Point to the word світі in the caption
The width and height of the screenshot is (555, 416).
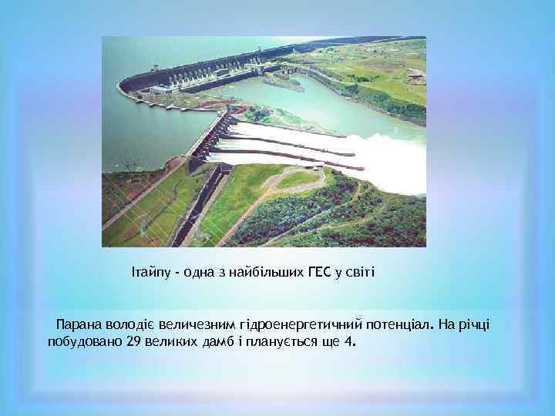[x=358, y=271]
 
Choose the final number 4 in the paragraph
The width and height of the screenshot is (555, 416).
[x=350, y=341]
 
